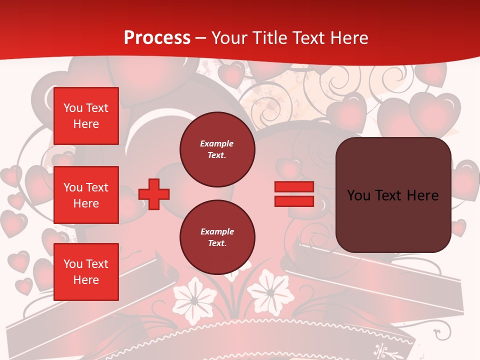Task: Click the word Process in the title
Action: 157,38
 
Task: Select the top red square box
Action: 86,116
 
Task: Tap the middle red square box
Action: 86,195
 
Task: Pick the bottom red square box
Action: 86,271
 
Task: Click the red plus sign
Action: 154,194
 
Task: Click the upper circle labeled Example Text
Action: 217,149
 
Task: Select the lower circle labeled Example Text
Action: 217,237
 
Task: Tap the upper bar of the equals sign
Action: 294,187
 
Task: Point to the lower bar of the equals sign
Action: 294,201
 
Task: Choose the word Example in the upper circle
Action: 217,143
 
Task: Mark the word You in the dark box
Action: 358,195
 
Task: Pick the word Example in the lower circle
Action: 217,231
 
